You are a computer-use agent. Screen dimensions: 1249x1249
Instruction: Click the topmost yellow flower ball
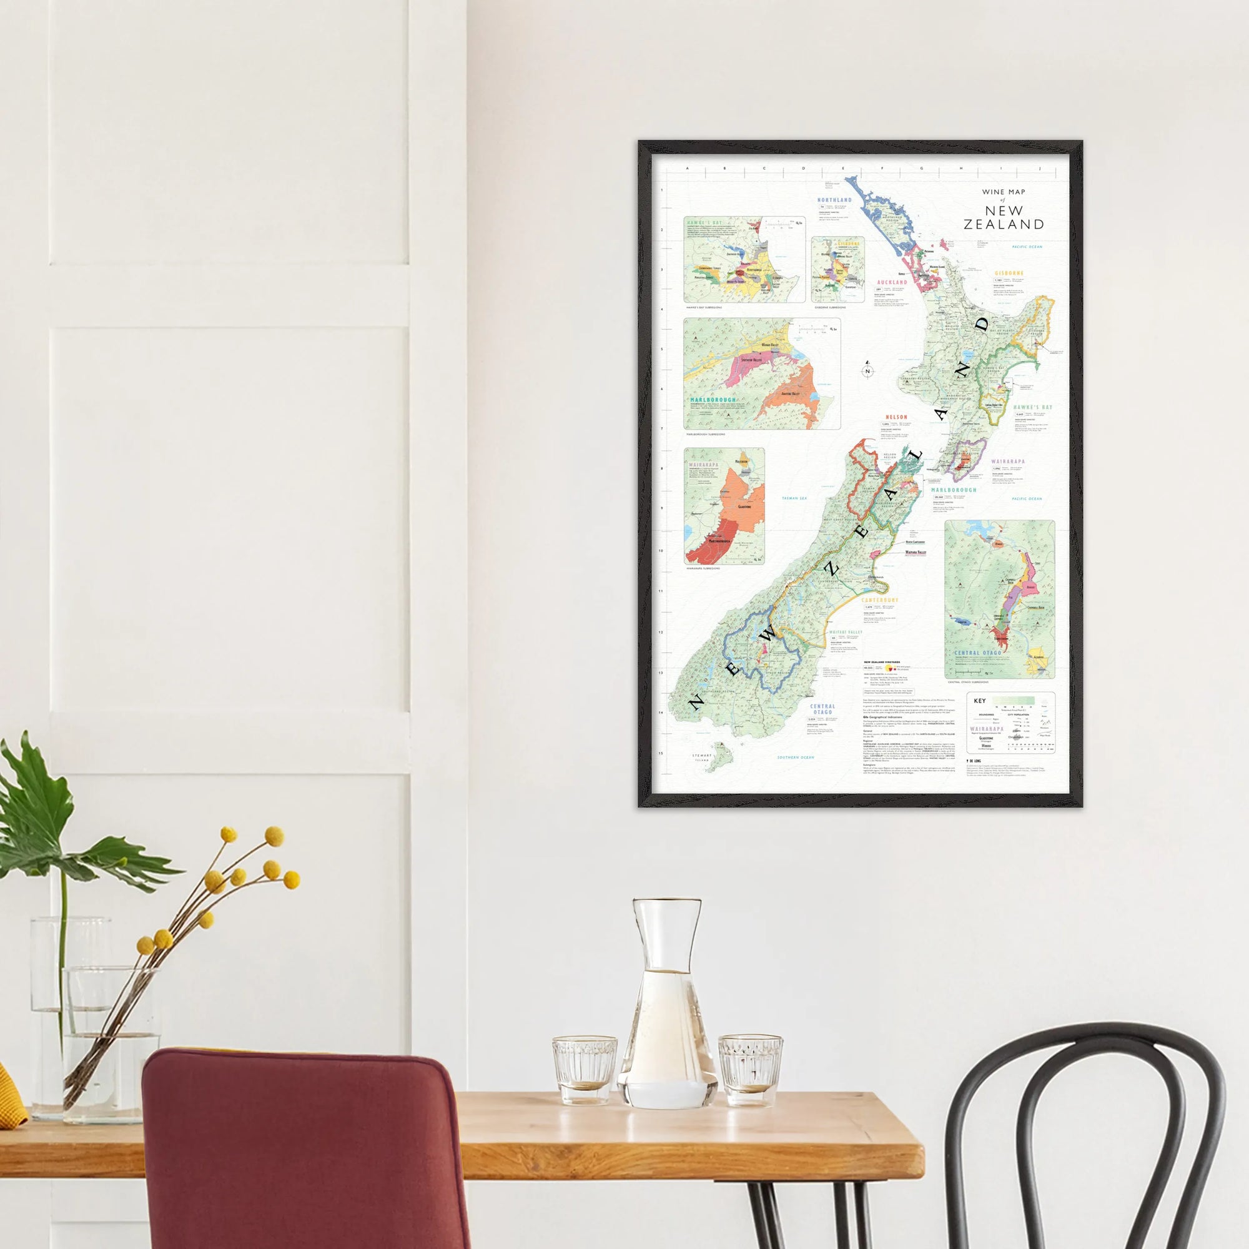coord(275,836)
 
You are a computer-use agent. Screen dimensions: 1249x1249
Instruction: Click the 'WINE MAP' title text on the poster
coord(1004,192)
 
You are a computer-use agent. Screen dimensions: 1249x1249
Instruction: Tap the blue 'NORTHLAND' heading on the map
coord(834,200)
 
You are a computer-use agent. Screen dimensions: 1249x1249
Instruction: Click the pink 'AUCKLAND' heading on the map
coord(892,282)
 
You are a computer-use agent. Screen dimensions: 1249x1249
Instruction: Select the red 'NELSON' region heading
coord(897,417)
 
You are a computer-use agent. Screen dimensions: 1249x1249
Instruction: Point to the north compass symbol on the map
coord(868,370)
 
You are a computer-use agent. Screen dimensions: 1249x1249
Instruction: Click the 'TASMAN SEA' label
coord(794,498)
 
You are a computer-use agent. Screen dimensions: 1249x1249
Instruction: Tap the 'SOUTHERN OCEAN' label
coord(796,757)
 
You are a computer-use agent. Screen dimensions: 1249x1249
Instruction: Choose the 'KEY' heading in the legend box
coord(979,701)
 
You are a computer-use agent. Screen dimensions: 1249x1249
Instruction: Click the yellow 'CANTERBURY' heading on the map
coord(880,601)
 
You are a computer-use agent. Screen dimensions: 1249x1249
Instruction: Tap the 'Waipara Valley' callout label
coord(916,553)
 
